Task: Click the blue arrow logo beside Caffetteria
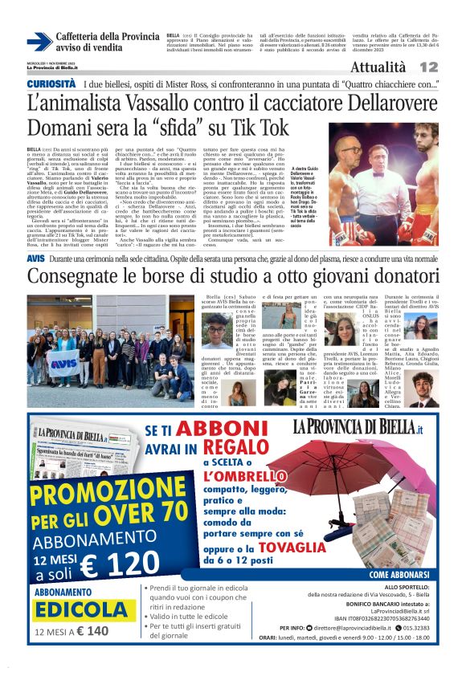pyautogui.click(x=39, y=42)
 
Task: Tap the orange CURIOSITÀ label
pyautogui.click(x=52, y=83)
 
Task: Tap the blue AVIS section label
pyautogui.click(x=36, y=259)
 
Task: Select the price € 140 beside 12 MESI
pyautogui.click(x=92, y=631)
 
